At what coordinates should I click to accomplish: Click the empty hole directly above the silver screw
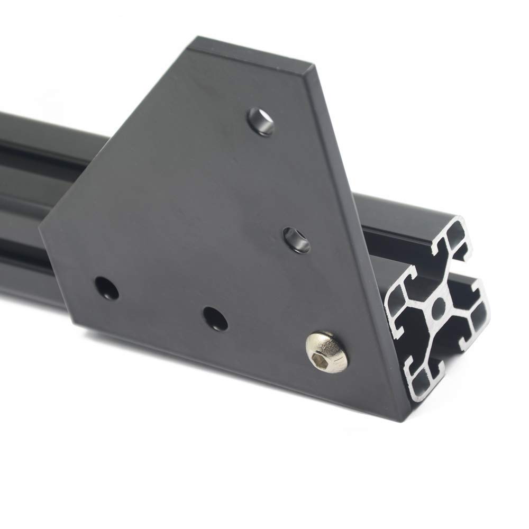(294, 239)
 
